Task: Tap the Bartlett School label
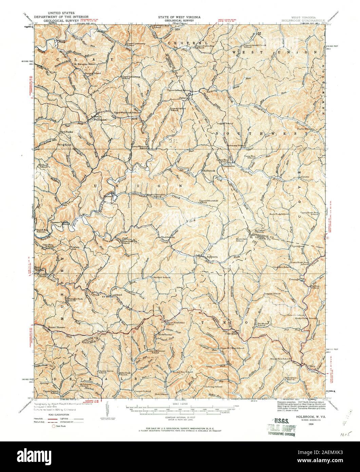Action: click(162, 277)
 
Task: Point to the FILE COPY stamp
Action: click(281, 428)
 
